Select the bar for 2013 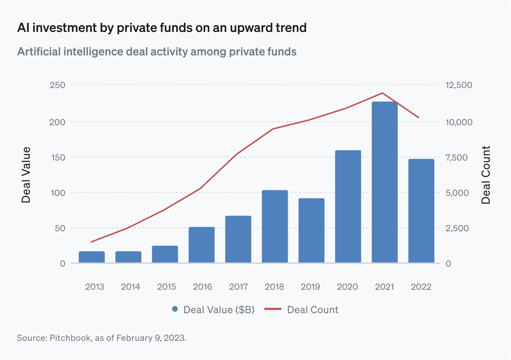92,257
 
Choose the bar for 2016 202,245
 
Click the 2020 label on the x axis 347,287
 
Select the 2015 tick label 166,287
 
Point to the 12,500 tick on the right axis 459,85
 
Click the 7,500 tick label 457,157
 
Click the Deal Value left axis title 26,175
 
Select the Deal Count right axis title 486,175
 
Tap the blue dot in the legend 175,309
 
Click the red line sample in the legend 273,309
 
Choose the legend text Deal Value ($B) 219,310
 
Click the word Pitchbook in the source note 70,338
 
